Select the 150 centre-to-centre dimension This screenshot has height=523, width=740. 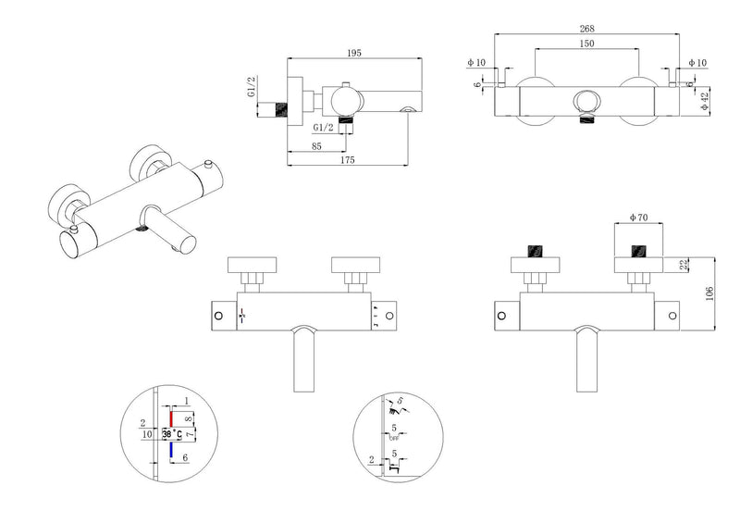tap(586, 44)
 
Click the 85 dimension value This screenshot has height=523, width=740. tap(317, 144)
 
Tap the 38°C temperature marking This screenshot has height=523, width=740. tap(173, 433)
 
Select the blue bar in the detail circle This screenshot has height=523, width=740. tap(171, 450)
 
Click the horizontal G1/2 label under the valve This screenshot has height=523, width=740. tap(324, 128)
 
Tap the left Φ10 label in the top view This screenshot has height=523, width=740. tap(475, 63)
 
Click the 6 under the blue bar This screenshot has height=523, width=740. tap(185, 458)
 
